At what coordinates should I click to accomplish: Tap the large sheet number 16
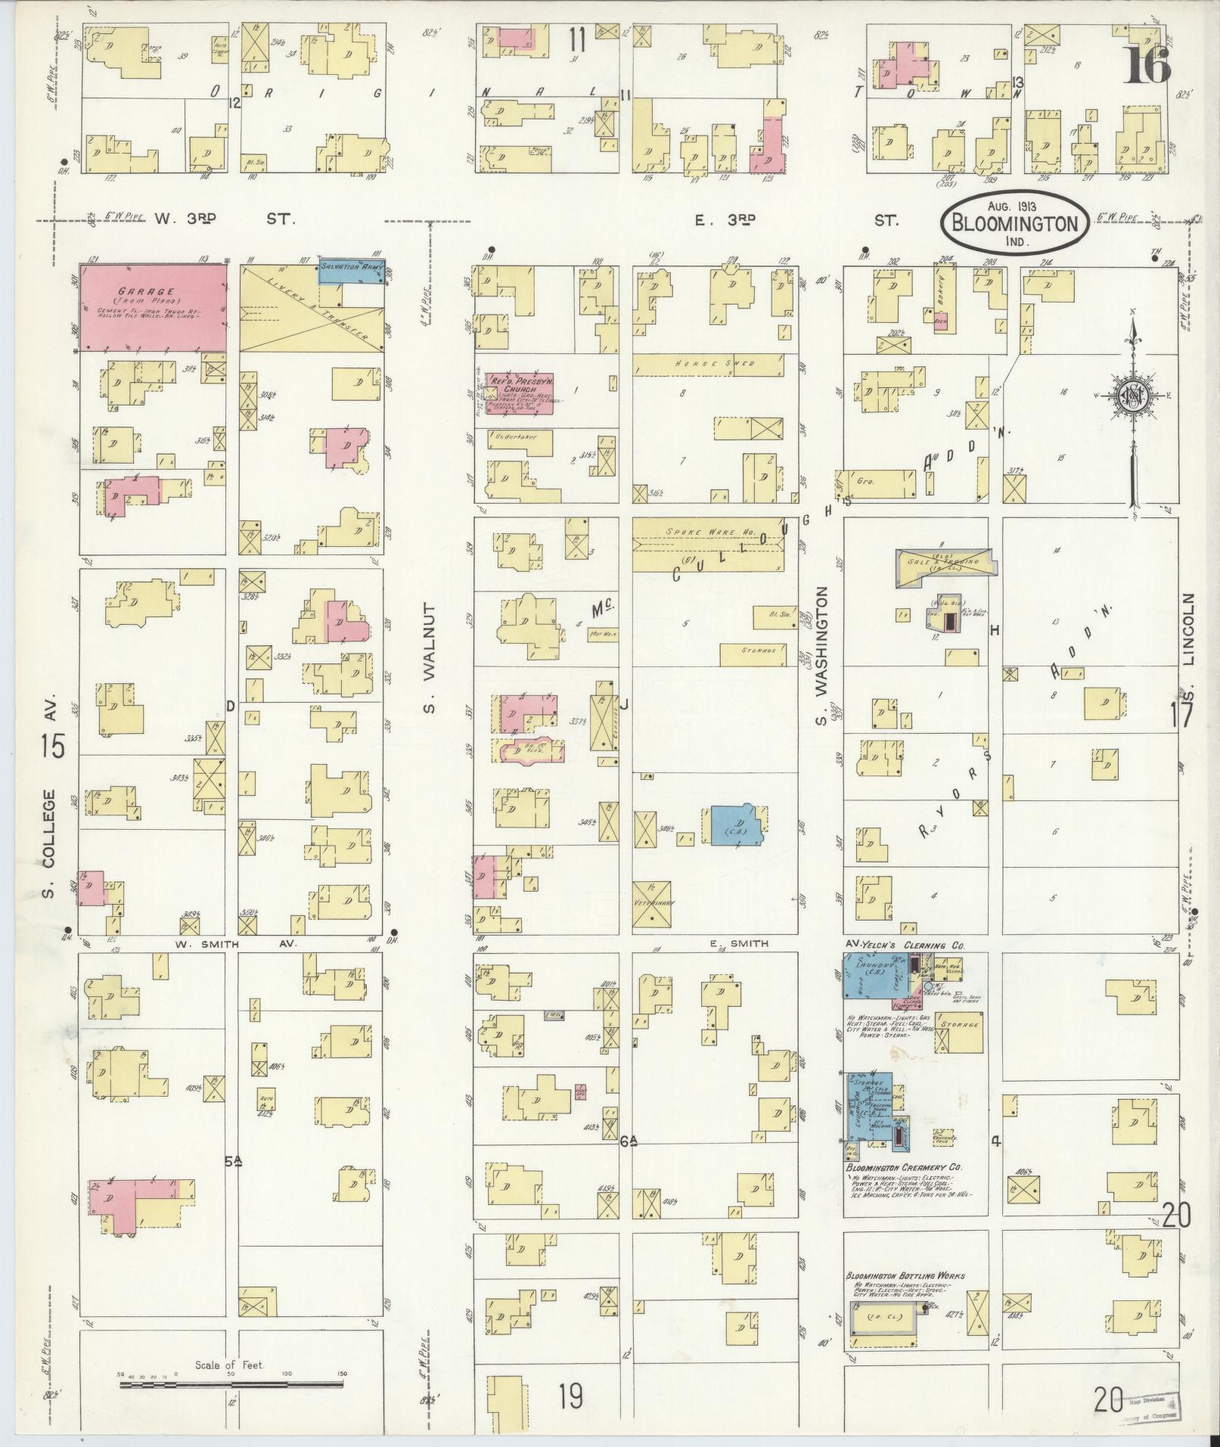1147,65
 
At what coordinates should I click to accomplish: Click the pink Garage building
153,307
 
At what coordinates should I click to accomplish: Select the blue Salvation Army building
352,271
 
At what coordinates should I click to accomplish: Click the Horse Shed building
706,364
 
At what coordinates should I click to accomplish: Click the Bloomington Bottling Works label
905,1276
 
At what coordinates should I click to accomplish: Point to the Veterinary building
652,903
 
